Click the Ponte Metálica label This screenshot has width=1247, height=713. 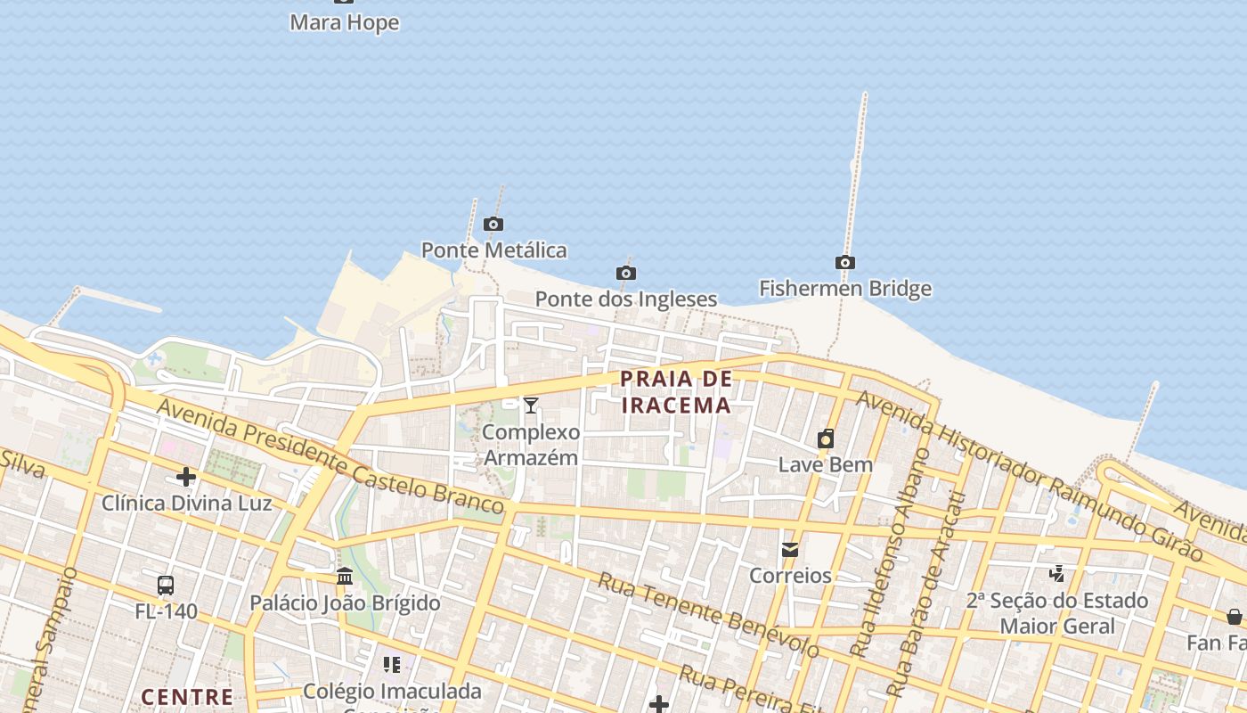[493, 250]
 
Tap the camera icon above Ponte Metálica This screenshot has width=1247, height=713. [493, 225]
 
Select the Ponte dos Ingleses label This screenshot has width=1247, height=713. [625, 299]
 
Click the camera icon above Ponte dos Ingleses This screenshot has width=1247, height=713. [625, 274]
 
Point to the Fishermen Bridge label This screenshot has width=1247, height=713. [844, 289]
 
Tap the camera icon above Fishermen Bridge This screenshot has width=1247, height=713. [844, 263]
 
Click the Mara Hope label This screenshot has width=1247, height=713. [344, 23]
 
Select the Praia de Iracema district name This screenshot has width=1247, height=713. [676, 392]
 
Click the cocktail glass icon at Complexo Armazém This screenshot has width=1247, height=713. [531, 406]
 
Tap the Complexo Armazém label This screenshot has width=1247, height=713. [531, 445]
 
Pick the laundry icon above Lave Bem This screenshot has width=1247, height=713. [826, 438]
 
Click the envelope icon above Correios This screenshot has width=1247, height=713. [790, 550]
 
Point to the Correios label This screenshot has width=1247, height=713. [790, 576]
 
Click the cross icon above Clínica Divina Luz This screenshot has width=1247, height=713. [185, 477]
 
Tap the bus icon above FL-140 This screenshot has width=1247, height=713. [166, 586]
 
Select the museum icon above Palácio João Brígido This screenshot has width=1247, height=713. [345, 577]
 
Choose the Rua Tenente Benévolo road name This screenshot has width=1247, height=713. [708, 615]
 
